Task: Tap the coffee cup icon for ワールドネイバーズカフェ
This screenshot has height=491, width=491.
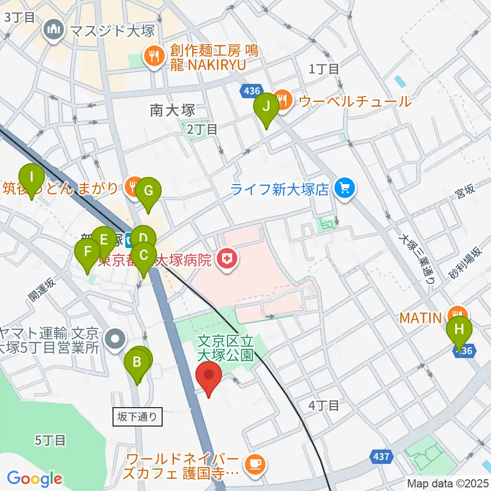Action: click(254, 464)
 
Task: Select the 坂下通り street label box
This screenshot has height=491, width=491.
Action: click(138, 417)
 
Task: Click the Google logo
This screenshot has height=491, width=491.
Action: click(34, 479)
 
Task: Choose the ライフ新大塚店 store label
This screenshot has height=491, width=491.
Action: click(279, 190)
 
